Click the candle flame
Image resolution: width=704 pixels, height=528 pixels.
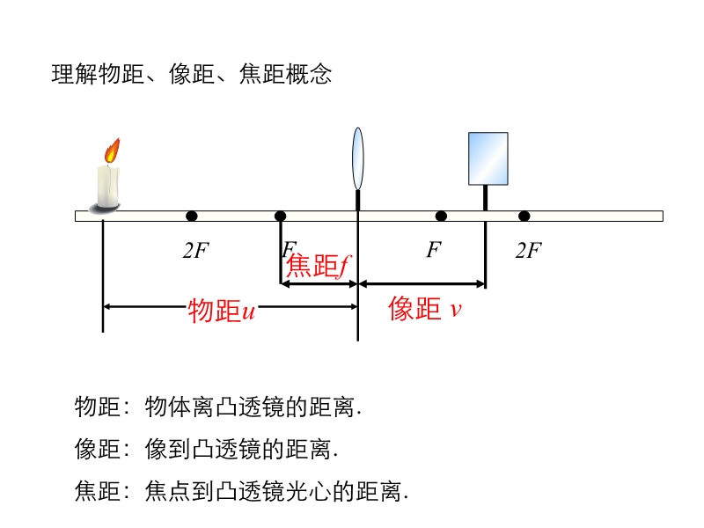[112, 151]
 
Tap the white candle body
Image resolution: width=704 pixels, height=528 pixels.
[107, 186]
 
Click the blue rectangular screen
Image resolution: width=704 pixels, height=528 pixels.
[488, 158]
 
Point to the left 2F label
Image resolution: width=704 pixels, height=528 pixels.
[195, 251]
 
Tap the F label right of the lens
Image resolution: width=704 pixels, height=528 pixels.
[433, 251]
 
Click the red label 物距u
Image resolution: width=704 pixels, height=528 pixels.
[221, 311]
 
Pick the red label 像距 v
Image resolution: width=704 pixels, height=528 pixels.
[426, 309]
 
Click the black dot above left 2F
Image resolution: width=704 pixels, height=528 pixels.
[192, 216]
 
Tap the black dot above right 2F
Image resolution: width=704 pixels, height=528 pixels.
[524, 216]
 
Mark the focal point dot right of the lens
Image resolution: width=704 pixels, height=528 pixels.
[441, 216]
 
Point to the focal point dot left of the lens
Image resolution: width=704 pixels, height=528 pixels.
[280, 216]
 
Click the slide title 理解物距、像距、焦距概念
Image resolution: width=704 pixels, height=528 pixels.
[192, 75]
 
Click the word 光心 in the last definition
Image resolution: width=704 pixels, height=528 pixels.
[309, 491]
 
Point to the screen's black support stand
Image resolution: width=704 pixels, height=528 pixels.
[485, 198]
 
